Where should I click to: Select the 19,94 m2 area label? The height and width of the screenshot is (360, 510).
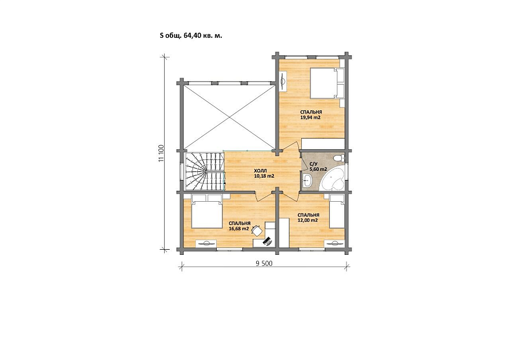[310, 117]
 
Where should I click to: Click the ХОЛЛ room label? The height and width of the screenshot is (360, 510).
[260, 171]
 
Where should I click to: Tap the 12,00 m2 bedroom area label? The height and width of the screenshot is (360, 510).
[308, 220]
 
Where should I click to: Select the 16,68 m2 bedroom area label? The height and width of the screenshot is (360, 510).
[239, 229]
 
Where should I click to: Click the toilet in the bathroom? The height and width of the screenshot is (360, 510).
[338, 158]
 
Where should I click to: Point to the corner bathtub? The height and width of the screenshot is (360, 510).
[332, 179]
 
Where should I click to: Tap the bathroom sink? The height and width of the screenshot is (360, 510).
[307, 179]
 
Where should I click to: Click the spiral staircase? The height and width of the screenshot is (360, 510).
[205, 171]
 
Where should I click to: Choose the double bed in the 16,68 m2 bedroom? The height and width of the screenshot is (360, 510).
[206, 211]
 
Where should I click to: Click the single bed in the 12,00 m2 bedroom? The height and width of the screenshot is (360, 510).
[337, 211]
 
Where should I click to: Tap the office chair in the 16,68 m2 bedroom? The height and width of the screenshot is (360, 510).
[257, 230]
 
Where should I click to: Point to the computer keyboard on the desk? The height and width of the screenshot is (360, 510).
[268, 241]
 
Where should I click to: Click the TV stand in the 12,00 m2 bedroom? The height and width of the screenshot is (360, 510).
[334, 243]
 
